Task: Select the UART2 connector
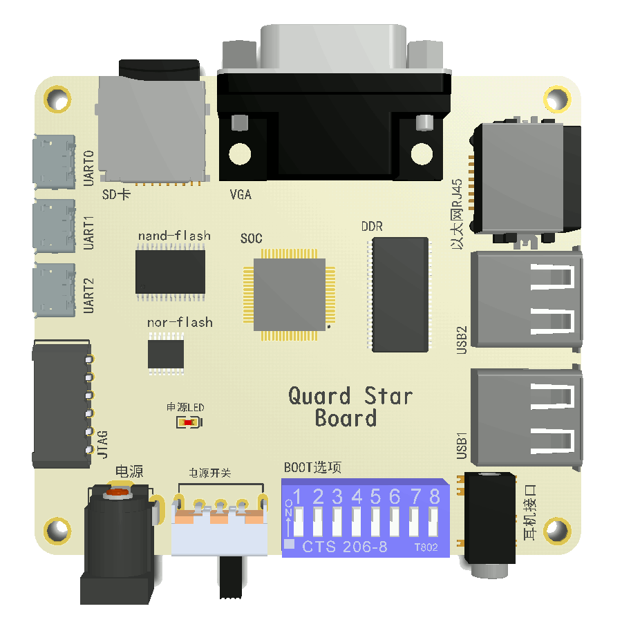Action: [54, 291]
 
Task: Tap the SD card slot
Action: [152, 128]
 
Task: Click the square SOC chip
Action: [289, 294]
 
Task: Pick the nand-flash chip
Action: [171, 272]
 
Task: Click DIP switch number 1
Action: [299, 522]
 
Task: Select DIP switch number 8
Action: [433, 522]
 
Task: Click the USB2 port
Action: [525, 299]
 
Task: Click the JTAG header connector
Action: [62, 404]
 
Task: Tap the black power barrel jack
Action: [117, 536]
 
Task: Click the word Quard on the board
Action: [319, 397]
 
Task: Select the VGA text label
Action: [241, 195]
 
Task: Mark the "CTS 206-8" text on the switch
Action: [345, 547]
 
